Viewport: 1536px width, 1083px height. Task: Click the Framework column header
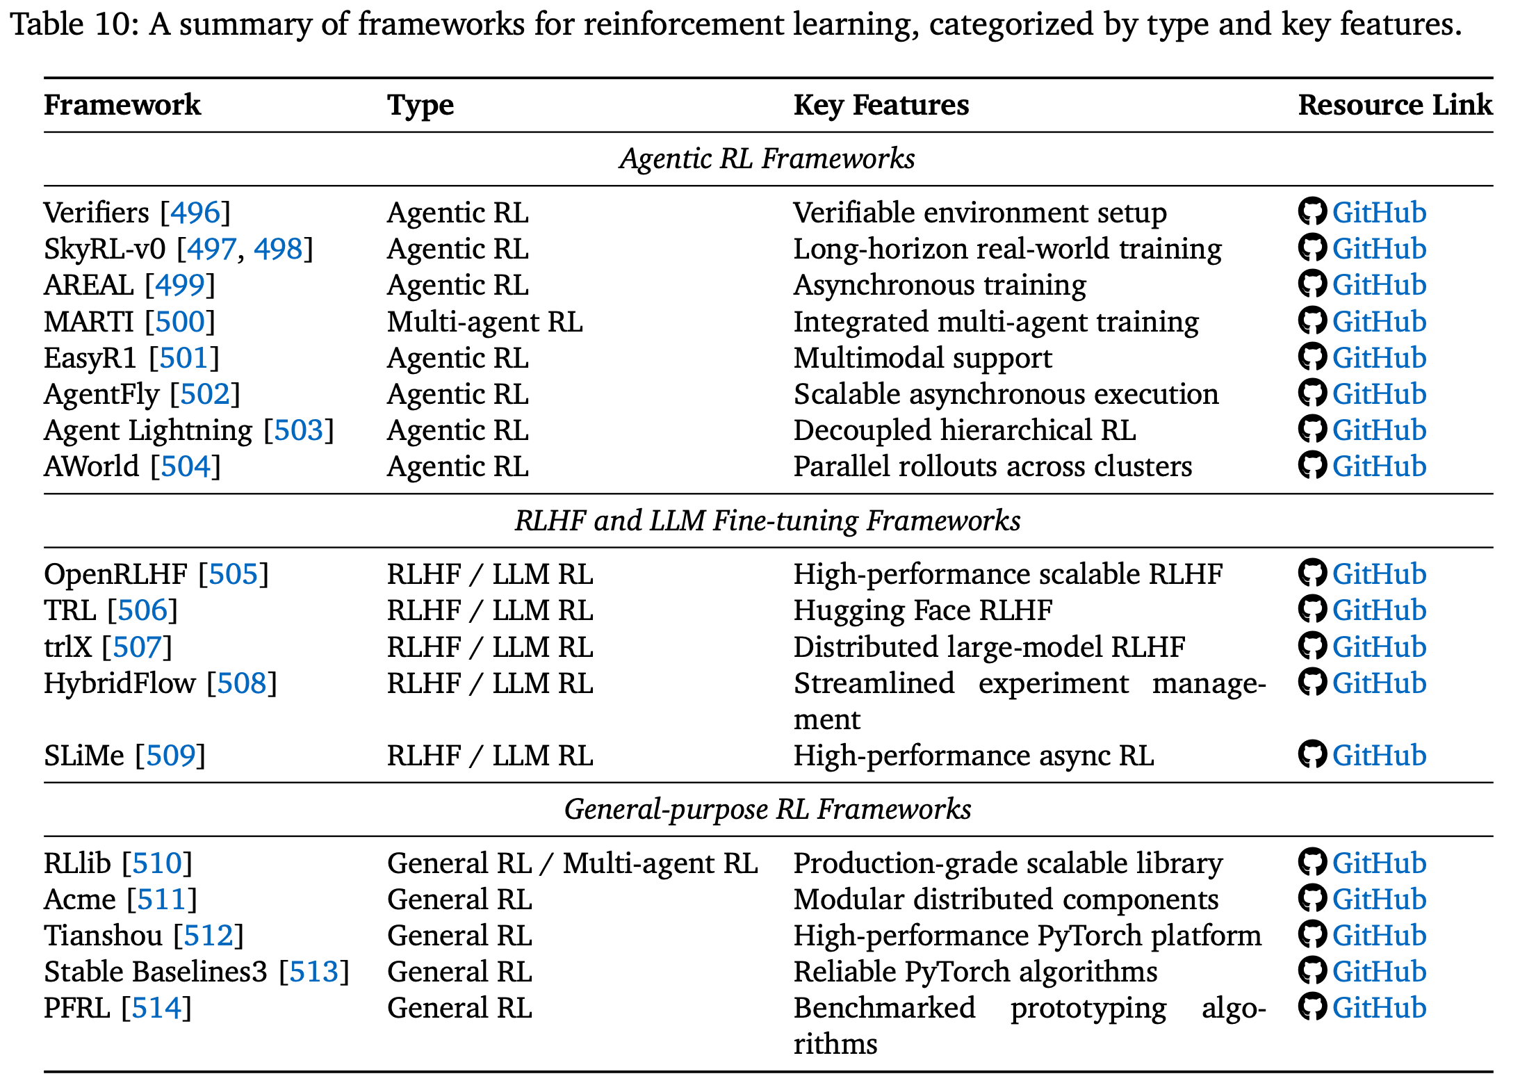point(122,105)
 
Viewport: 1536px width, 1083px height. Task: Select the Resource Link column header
point(1394,105)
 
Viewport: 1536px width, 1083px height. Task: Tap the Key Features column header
point(881,105)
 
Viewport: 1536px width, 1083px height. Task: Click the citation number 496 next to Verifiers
point(195,213)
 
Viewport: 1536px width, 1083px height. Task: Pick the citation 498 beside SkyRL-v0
point(278,249)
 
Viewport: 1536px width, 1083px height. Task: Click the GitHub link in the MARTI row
point(1378,322)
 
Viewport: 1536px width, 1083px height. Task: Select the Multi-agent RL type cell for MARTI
point(484,322)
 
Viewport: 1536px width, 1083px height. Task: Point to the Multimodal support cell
point(922,358)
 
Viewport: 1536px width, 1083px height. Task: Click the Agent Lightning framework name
point(147,430)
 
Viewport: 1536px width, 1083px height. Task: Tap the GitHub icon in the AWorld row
point(1312,466)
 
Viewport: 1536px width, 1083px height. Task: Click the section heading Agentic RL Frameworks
point(767,158)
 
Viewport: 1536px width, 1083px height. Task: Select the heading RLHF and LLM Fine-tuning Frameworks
point(767,521)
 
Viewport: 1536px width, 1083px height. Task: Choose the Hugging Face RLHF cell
point(922,610)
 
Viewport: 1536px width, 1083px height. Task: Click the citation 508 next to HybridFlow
point(241,683)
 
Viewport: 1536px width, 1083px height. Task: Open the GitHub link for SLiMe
point(1378,756)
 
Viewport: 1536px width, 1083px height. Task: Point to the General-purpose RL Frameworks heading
point(767,809)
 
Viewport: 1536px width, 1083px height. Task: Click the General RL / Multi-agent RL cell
point(572,863)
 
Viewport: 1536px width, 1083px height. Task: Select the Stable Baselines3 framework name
point(155,972)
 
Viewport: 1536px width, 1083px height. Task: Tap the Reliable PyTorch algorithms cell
point(975,972)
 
